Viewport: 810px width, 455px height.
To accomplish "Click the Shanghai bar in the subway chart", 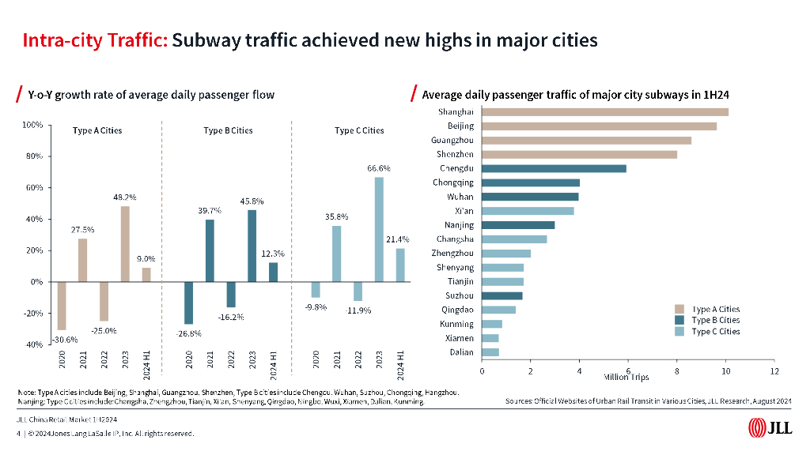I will tap(605, 112).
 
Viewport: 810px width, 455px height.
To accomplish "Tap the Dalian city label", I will tap(461, 352).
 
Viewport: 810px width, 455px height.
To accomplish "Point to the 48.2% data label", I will tap(125, 197).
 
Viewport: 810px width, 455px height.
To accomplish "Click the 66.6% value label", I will tap(378, 168).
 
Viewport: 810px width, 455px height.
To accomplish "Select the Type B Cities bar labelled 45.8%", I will tap(252, 246).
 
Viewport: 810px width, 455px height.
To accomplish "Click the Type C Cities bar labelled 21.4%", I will tap(399, 265).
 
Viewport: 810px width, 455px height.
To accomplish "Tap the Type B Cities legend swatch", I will tap(679, 321).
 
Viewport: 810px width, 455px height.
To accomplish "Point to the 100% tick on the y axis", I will tap(32, 125).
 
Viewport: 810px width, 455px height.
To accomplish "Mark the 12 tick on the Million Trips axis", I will tap(774, 370).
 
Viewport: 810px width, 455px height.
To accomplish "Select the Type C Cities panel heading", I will tap(359, 130).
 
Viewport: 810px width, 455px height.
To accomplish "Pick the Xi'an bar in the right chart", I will tap(528, 211).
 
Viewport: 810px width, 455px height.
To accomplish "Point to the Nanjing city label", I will tap(460, 225).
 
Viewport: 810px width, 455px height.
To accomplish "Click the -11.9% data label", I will tap(358, 310).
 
